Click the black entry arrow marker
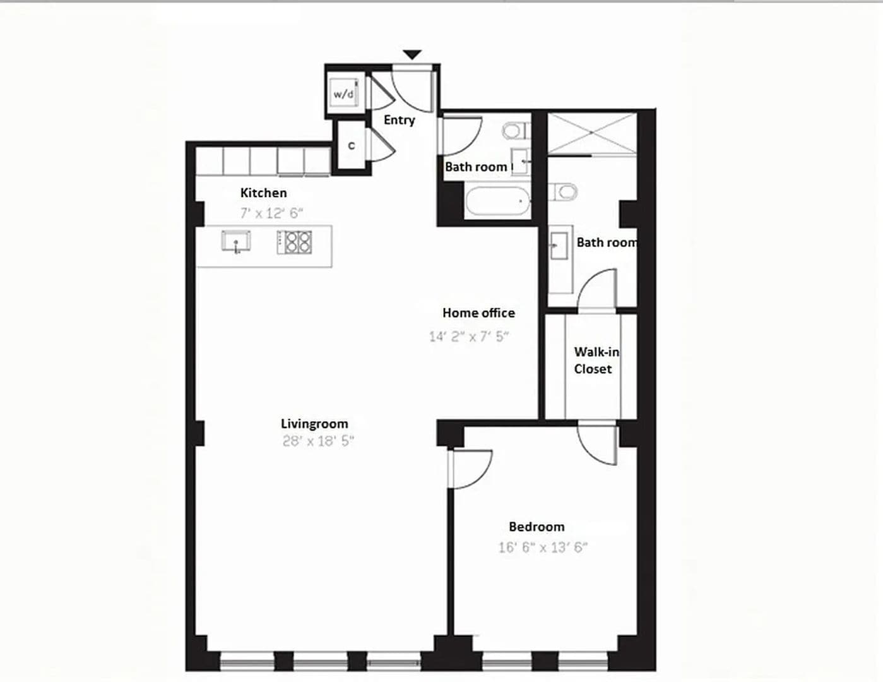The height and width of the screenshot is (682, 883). [412, 55]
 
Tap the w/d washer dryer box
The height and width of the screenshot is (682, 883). [344, 94]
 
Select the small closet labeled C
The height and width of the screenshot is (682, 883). [352, 146]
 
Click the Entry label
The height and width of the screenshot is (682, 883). [400, 120]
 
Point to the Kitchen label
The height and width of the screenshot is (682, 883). [263, 193]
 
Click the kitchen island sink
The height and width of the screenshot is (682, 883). [236, 241]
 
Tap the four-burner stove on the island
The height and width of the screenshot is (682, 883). [295, 242]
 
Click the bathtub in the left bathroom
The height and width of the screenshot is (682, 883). [497, 202]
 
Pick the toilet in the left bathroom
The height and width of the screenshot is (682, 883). [514, 131]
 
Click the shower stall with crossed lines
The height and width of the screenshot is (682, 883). [591, 133]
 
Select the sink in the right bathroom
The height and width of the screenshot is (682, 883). [559, 244]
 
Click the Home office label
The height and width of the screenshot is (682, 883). [478, 313]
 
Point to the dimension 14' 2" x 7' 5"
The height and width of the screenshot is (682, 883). [469, 337]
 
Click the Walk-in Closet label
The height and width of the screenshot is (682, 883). [596, 361]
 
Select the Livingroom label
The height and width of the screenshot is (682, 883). [314, 424]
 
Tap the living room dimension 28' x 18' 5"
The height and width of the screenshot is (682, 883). [318, 441]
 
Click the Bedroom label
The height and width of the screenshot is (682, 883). [536, 527]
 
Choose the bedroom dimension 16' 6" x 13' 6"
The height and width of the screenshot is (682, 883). [543, 547]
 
